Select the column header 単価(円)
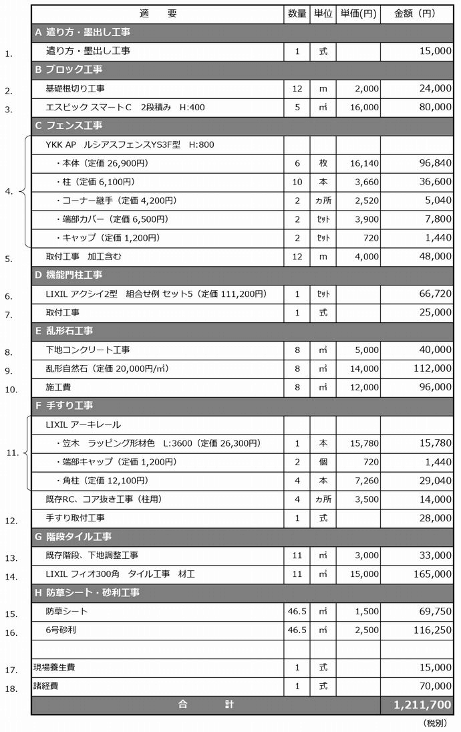[358, 13]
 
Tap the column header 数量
[297, 13]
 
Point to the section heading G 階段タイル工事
[73, 537]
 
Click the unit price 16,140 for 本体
[364, 163]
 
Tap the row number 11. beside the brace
[12, 453]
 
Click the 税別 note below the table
[438, 723]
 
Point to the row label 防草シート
[67, 611]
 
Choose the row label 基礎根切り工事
[75, 88]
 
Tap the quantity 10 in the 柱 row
[297, 182]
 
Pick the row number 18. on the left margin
[11, 688]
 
